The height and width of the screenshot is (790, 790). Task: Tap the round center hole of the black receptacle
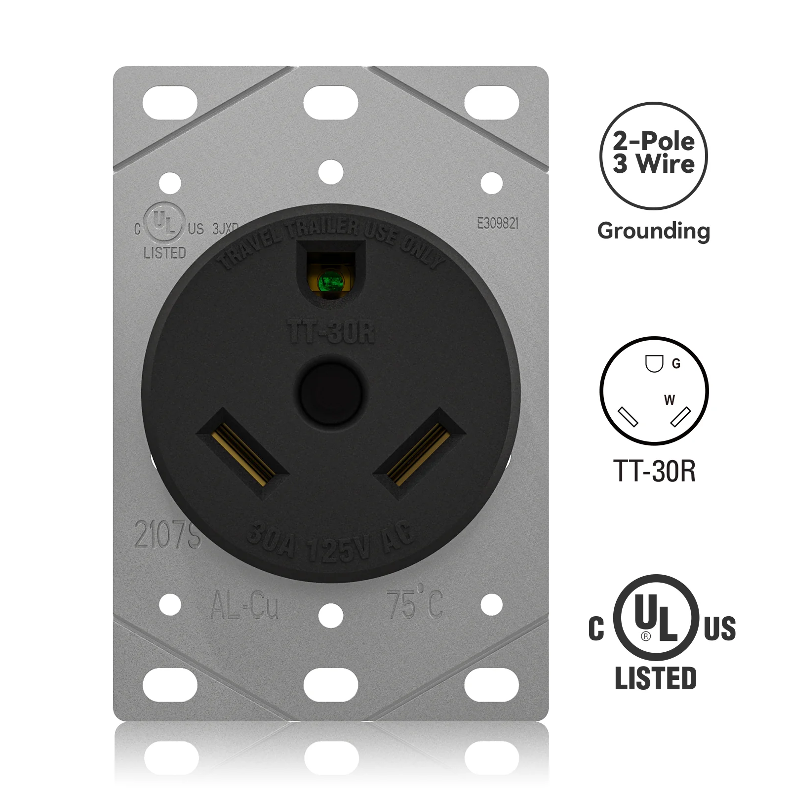[331, 393]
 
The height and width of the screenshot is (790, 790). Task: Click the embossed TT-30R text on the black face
[331, 332]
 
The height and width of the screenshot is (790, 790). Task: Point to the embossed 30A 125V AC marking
[331, 543]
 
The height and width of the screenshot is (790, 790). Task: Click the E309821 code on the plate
[497, 224]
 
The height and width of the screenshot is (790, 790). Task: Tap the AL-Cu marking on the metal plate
[244, 606]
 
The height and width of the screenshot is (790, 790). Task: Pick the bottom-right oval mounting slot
[491, 685]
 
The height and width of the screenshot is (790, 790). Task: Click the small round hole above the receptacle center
[331, 173]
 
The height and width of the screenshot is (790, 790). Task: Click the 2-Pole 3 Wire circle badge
[653, 156]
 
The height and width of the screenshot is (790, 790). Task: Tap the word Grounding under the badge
[653, 231]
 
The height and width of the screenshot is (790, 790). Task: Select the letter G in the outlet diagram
[676, 364]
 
